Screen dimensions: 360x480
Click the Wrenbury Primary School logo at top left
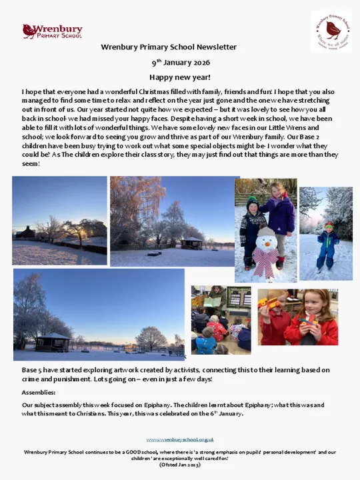coord(52,31)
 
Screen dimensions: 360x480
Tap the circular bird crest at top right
coord(331,31)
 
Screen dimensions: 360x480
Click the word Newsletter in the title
coord(215,47)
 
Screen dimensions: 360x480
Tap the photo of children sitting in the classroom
coord(221,320)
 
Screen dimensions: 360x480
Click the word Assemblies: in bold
coord(39,393)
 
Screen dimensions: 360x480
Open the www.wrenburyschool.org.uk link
coord(180,440)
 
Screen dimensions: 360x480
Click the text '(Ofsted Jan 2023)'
coord(180,464)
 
